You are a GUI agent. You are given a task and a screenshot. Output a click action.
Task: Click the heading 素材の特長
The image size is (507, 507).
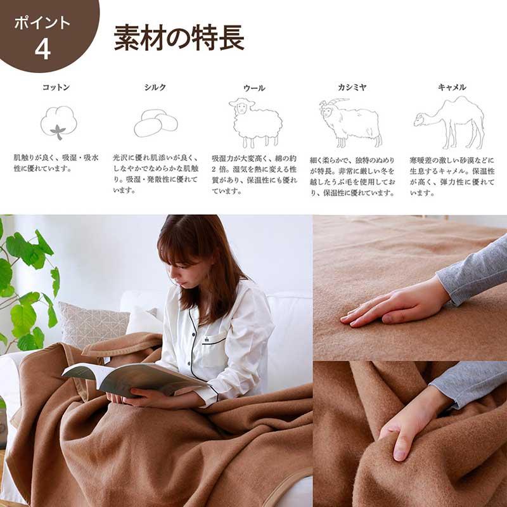tap(179, 38)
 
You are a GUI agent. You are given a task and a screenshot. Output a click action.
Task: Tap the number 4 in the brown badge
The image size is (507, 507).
tap(42, 48)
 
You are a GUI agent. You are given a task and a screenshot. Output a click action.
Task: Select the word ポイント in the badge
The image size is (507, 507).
tap(42, 23)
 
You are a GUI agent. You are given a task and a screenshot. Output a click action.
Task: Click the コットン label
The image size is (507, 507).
tap(56, 87)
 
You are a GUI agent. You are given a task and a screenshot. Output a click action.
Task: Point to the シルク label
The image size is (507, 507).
tap(155, 87)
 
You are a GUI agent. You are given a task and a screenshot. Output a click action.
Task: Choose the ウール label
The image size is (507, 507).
tap(254, 87)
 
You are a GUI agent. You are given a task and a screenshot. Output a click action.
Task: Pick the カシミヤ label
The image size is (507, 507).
tap(352, 87)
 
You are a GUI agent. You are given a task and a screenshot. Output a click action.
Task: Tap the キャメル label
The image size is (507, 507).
tap(452, 87)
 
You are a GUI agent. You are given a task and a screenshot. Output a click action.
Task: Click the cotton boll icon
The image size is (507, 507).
tap(58, 122)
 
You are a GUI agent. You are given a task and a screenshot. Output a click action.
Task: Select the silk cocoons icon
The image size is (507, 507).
tap(156, 123)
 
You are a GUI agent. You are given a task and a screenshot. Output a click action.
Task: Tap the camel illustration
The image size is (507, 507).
tap(450, 120)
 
